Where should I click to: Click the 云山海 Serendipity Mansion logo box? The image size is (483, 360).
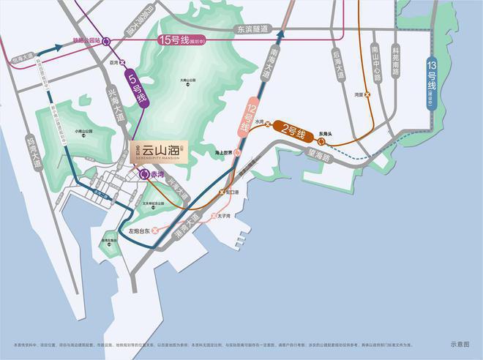[158, 152]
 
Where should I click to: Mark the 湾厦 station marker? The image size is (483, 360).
[368, 94]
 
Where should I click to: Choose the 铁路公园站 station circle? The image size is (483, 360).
[107, 41]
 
